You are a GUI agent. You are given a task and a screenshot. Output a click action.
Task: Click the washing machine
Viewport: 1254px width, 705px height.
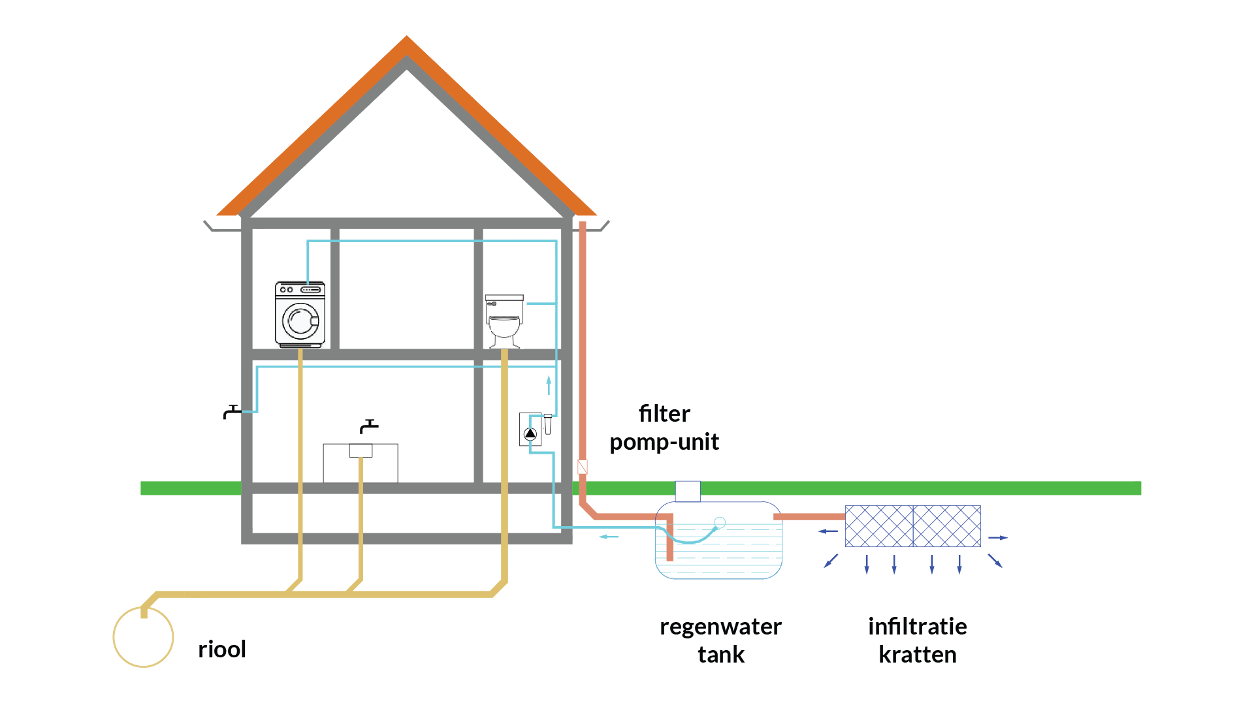click(x=300, y=314)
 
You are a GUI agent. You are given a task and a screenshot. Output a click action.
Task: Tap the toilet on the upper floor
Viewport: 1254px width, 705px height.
click(x=504, y=321)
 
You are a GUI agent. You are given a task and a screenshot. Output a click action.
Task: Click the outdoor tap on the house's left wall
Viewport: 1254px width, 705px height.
click(x=232, y=412)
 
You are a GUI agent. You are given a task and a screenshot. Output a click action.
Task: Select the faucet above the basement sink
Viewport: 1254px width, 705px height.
click(x=369, y=426)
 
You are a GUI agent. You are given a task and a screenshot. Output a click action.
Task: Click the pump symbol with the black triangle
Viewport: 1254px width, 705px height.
click(x=530, y=433)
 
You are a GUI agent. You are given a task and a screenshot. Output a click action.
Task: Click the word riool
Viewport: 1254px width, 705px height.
click(x=222, y=649)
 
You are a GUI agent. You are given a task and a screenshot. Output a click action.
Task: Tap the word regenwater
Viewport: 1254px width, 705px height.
click(x=720, y=627)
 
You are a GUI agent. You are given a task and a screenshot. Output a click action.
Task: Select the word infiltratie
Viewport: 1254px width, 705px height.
click(x=918, y=626)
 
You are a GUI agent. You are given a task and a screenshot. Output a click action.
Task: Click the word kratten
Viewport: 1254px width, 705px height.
click(x=918, y=654)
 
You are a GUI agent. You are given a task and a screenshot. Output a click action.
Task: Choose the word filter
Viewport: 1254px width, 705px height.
click(x=664, y=413)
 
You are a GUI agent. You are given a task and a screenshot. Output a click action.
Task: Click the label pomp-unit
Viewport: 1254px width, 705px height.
click(x=664, y=442)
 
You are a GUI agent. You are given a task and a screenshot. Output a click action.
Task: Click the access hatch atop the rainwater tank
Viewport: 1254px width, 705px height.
click(x=688, y=491)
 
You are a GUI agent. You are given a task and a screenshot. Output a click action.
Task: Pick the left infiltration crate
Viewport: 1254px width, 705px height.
click(x=879, y=526)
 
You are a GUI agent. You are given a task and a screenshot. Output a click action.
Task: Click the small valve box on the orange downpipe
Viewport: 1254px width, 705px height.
click(x=583, y=467)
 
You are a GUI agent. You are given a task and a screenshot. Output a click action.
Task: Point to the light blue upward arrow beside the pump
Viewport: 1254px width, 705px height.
click(x=549, y=385)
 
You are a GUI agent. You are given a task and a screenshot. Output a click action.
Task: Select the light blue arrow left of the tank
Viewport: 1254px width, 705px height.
click(x=609, y=537)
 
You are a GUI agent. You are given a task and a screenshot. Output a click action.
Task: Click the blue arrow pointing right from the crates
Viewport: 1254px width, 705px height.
click(x=998, y=538)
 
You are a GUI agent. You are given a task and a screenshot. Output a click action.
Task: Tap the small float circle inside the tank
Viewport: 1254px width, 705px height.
click(x=720, y=522)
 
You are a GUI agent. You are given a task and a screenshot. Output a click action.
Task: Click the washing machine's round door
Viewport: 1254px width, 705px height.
click(x=300, y=321)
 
